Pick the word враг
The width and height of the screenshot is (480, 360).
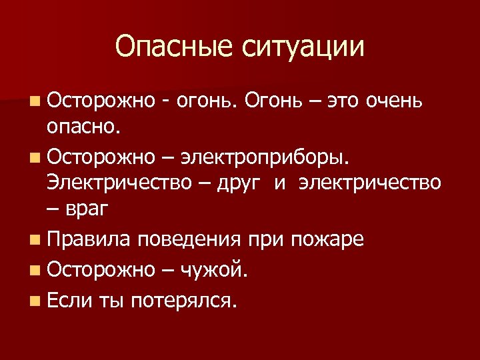pos(87,209)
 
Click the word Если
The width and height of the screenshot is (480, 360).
pos(70,301)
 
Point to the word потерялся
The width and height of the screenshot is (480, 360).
pos(184,301)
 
